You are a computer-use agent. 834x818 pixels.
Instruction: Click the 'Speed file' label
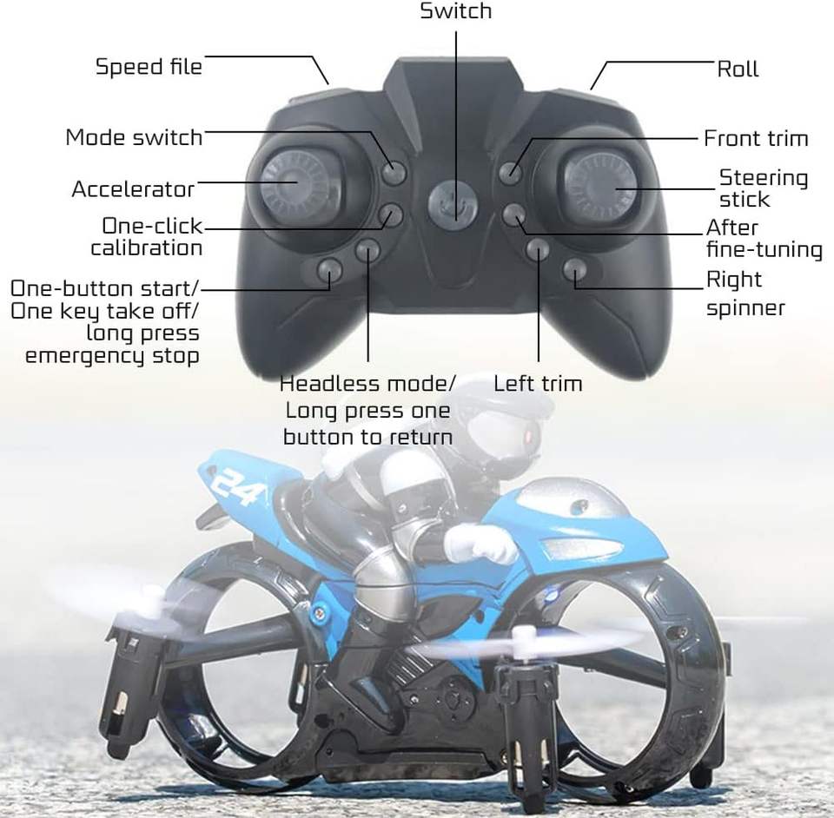149,67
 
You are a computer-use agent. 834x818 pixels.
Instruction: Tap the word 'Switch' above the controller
455,11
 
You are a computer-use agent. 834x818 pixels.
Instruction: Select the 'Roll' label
738,69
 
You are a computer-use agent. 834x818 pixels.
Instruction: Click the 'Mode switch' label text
134,137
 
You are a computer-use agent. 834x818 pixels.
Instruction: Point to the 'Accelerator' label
133,188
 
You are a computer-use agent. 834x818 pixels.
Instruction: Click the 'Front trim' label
756,138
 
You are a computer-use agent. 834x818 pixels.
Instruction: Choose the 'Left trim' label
538,383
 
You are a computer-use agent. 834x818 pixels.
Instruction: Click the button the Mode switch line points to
394,172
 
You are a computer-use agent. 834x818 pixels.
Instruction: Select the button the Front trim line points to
511,172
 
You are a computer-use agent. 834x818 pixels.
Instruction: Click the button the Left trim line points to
538,250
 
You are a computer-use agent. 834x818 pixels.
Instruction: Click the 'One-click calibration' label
147,237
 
